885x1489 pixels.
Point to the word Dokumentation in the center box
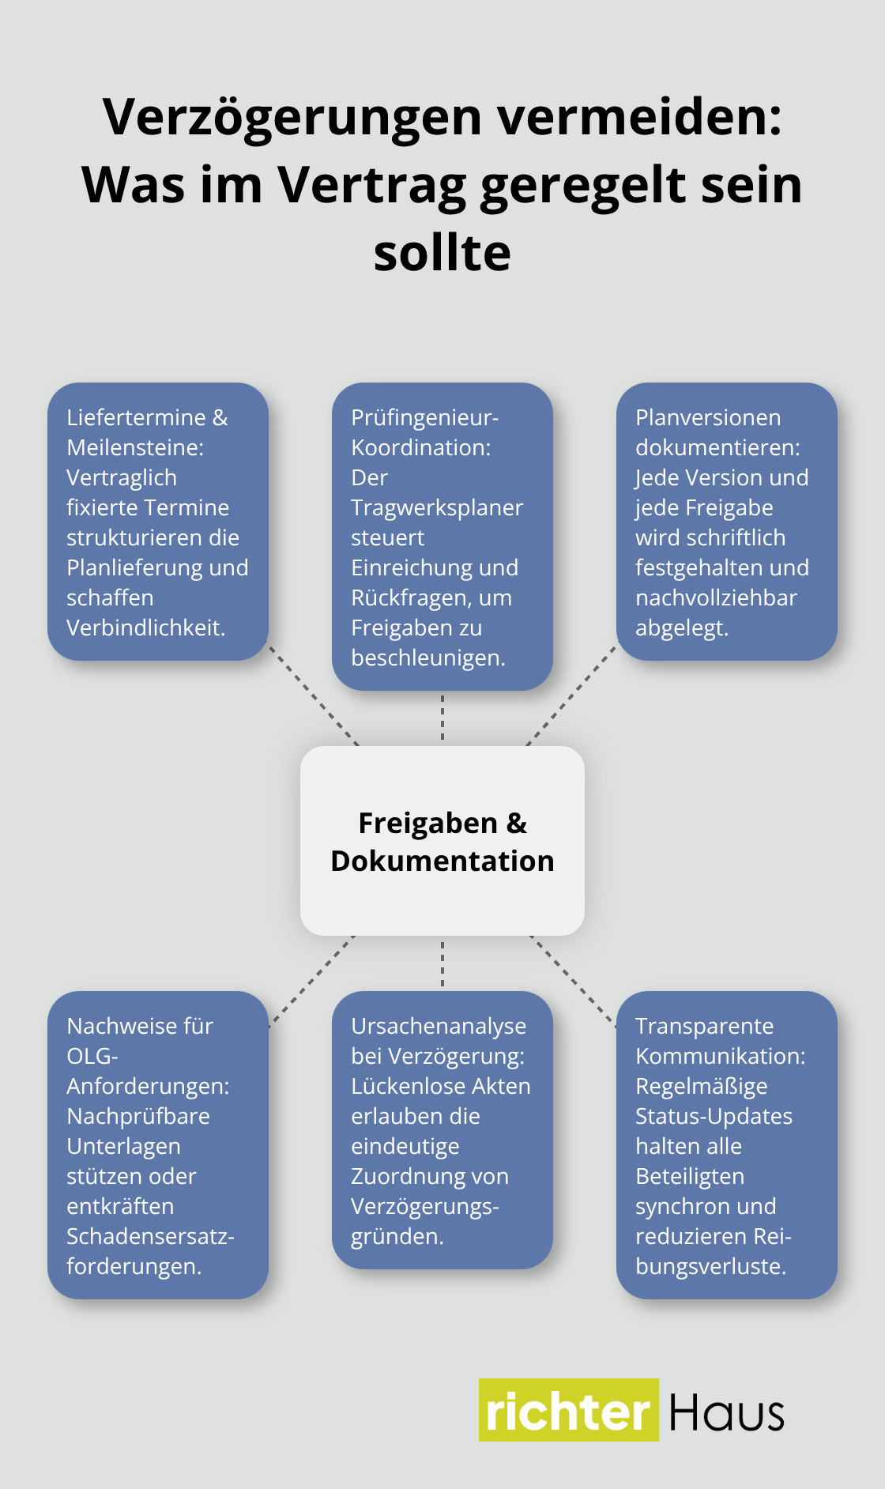[x=442, y=861]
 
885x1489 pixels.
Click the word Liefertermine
[x=136, y=417]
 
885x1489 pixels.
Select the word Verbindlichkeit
[x=145, y=628]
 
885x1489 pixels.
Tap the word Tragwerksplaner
[x=437, y=507]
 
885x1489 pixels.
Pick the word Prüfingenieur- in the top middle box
[x=424, y=417]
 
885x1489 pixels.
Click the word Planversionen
[x=708, y=417]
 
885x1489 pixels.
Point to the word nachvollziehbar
[x=716, y=597]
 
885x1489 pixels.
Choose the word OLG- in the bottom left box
[x=92, y=1056]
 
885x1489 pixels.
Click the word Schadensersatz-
[x=150, y=1236]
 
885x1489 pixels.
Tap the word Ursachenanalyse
[x=439, y=1026]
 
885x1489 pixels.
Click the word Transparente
[x=704, y=1026]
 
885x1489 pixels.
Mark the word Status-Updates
[x=714, y=1116]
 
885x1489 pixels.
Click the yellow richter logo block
[x=568, y=1411]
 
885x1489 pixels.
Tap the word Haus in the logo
[x=726, y=1412]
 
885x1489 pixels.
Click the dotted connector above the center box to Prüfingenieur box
[x=442, y=718]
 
